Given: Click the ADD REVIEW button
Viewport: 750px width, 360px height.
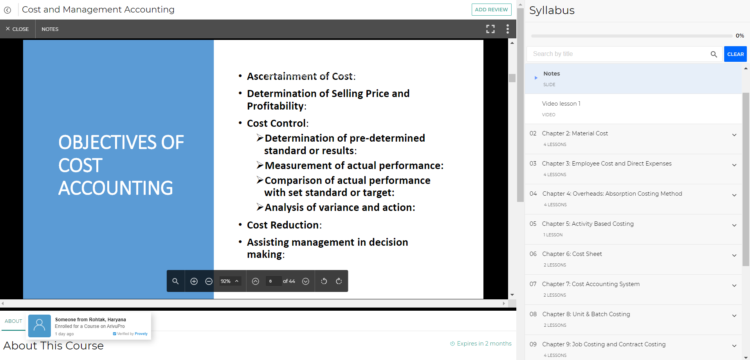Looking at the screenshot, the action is click(x=491, y=9).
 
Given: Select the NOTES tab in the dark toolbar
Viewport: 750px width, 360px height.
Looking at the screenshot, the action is click(x=50, y=29).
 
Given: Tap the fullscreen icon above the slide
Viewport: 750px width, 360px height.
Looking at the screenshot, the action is click(x=490, y=29).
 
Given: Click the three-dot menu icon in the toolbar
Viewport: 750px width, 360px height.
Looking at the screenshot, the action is click(x=508, y=29).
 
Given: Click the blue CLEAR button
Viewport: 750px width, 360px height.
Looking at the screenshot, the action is click(x=735, y=54).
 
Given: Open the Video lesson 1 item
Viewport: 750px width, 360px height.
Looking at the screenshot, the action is click(x=561, y=104).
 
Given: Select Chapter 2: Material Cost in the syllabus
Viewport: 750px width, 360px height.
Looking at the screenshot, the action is click(x=575, y=133).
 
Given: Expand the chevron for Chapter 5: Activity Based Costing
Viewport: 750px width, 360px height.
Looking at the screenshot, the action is click(x=734, y=225).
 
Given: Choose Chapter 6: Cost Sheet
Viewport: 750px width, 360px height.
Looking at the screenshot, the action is click(x=572, y=254).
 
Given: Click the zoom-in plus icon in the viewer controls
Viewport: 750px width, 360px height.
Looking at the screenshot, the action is click(x=194, y=281).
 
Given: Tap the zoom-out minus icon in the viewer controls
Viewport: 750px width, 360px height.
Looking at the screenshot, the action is click(x=209, y=281).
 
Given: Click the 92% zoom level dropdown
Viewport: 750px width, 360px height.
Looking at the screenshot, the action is click(x=230, y=281).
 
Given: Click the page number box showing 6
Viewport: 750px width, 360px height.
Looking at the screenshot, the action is click(x=273, y=281).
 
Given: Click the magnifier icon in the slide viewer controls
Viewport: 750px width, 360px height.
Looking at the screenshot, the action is click(x=175, y=281).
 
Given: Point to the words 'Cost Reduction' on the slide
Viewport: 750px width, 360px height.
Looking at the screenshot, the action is click(x=283, y=225).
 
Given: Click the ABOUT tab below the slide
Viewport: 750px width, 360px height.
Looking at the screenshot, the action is click(x=13, y=321).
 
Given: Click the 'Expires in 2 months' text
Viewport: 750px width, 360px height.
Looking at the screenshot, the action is click(x=484, y=344).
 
